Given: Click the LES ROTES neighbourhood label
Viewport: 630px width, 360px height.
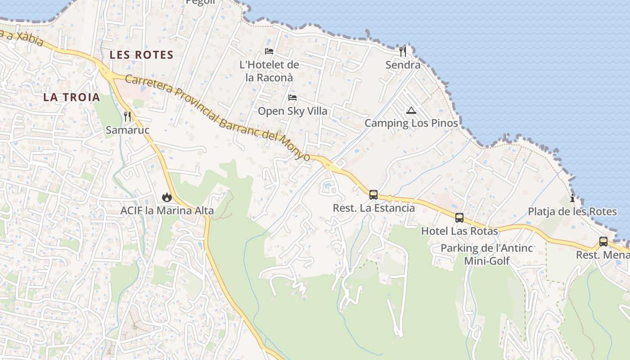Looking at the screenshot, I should pyautogui.click(x=141, y=55).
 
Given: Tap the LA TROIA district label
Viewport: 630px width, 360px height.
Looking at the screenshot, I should pyautogui.click(x=72, y=97).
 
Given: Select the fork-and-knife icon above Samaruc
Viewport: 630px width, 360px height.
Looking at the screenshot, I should pyautogui.click(x=127, y=117).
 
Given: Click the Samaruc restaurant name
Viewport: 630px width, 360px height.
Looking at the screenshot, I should pyautogui.click(x=127, y=130).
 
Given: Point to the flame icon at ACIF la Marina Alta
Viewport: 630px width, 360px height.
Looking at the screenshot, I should pyautogui.click(x=167, y=197).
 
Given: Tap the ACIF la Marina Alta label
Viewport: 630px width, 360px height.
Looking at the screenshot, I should pyautogui.click(x=167, y=210).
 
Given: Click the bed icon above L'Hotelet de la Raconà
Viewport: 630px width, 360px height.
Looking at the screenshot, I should pyautogui.click(x=269, y=51).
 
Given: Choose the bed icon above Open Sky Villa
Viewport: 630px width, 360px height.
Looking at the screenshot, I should pyautogui.click(x=292, y=98).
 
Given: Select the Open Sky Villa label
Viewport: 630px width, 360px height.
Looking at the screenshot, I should pyautogui.click(x=292, y=111).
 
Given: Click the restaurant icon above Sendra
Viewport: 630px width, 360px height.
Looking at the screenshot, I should pyautogui.click(x=403, y=52).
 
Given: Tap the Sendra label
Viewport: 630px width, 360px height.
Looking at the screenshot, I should pyautogui.click(x=403, y=65).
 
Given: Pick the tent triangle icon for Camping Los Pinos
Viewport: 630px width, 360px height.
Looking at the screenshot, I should pyautogui.click(x=411, y=110).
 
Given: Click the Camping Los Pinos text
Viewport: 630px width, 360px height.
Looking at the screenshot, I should pyautogui.click(x=411, y=123).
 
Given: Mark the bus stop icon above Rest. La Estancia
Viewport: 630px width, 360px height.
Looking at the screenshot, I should pyautogui.click(x=373, y=195).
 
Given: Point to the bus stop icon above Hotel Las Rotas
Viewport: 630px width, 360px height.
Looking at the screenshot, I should pyautogui.click(x=459, y=218).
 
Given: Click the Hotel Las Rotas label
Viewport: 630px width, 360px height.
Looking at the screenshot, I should pyautogui.click(x=459, y=231).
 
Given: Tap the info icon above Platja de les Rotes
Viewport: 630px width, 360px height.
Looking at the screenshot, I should pyautogui.click(x=572, y=198).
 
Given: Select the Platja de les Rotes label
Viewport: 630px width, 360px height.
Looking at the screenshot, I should pyautogui.click(x=572, y=211).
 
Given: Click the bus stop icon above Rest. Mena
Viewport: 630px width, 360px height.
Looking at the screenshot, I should pyautogui.click(x=603, y=242).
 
